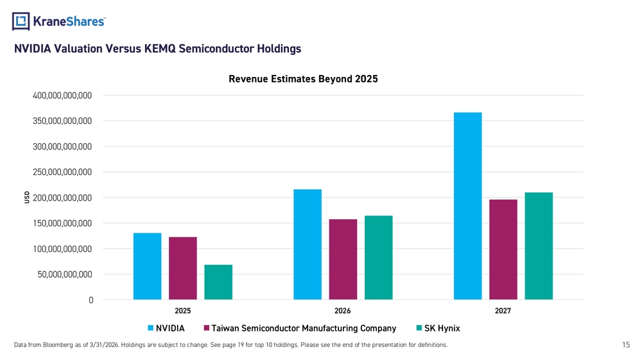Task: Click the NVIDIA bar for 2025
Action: [148, 266]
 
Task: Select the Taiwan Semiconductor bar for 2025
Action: [182, 268]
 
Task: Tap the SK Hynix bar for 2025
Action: [218, 282]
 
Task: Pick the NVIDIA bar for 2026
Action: [308, 244]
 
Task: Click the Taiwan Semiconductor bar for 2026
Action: [343, 260]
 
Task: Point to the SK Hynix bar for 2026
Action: [379, 258]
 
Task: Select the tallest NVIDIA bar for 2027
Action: [467, 206]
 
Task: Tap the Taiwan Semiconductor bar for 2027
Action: [503, 249]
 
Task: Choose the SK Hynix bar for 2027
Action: [539, 246]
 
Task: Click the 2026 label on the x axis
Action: [343, 311]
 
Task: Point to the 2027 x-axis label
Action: [503, 311]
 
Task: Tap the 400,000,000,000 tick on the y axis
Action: [62, 96]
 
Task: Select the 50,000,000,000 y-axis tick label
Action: [65, 274]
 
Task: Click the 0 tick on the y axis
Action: [91, 300]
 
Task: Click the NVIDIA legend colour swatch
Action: [150, 328]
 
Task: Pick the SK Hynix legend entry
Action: [438, 328]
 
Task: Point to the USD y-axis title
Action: [27, 197]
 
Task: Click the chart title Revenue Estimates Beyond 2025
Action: [303, 79]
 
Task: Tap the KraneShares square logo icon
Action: [21, 21]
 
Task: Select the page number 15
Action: [626, 344]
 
